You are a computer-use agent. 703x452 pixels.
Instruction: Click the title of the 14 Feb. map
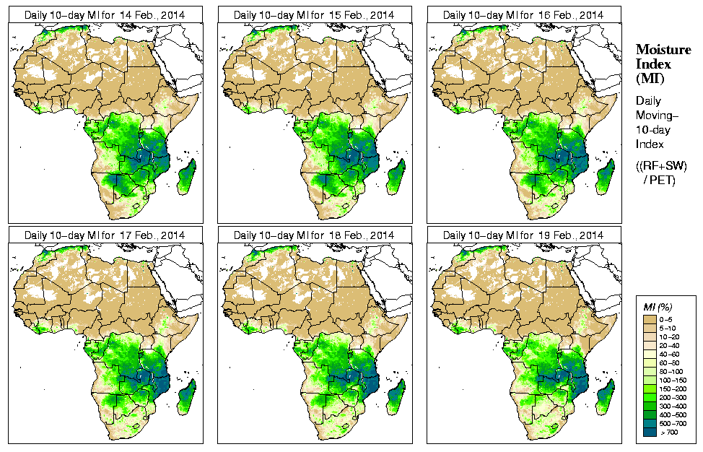pos(104,14)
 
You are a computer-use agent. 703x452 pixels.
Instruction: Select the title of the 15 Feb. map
pos(313,14)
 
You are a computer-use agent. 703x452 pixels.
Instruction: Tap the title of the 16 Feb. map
pos(523,14)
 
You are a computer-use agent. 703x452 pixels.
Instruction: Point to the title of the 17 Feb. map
pos(104,235)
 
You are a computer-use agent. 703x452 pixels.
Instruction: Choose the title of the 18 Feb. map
pos(313,235)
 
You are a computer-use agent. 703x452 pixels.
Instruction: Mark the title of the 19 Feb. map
pos(523,235)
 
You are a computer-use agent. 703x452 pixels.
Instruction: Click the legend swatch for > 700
pos(650,431)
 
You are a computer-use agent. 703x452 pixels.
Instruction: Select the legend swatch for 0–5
pos(650,318)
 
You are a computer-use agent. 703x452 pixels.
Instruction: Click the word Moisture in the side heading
pos(663,49)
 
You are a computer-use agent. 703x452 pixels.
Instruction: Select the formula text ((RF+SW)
pos(661,166)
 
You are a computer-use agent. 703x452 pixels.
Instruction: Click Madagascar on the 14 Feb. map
pos(186,178)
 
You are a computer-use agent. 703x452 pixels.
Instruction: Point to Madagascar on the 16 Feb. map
pos(605,178)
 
